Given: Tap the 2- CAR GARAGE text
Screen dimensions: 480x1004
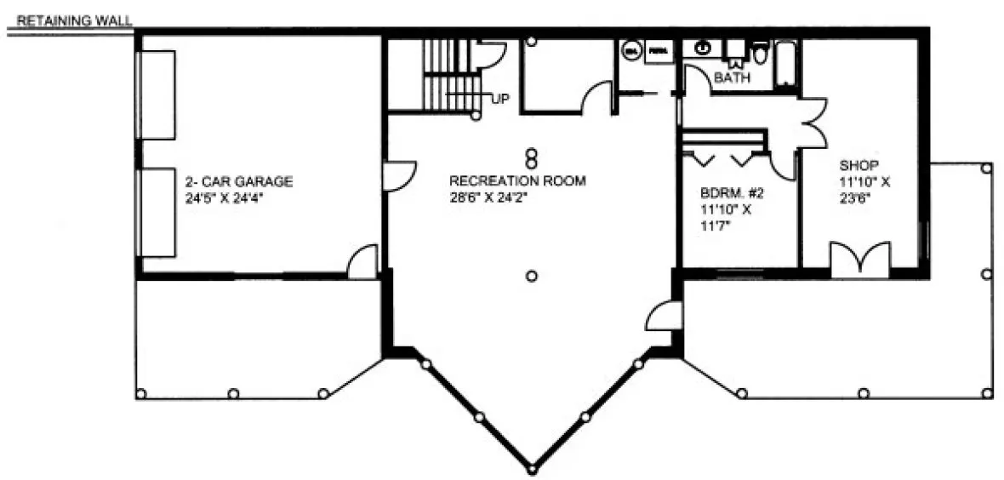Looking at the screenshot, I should [239, 181].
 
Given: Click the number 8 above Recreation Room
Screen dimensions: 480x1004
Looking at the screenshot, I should [531, 158].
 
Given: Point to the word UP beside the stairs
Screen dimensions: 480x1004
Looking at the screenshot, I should [500, 100].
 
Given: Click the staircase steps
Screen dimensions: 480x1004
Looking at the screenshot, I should [442, 75].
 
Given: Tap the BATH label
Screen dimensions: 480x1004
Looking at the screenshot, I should [732, 78].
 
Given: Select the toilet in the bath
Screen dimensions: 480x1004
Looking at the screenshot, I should [760, 54].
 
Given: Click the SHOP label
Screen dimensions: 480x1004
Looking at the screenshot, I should [858, 164].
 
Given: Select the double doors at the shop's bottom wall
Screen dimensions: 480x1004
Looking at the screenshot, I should [860, 260].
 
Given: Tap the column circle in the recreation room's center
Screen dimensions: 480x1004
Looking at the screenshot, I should [532, 275].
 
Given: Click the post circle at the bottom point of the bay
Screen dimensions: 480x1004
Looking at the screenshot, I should [532, 469].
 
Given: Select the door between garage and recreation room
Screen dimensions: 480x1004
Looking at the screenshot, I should [396, 175].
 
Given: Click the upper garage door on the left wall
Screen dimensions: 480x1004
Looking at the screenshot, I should [158, 94].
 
